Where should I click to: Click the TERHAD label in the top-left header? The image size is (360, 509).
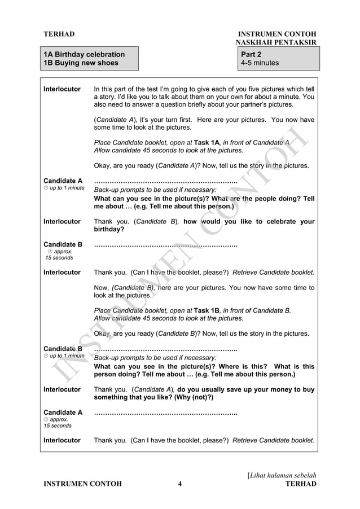(59, 34)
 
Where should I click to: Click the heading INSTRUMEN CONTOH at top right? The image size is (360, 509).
(277, 34)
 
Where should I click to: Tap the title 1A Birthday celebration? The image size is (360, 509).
(84, 54)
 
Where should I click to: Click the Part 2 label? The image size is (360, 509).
(251, 54)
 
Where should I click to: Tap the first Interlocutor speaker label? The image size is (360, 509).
(62, 89)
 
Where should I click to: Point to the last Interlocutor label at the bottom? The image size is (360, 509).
(62, 440)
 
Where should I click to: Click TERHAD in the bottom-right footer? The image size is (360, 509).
(301, 484)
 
